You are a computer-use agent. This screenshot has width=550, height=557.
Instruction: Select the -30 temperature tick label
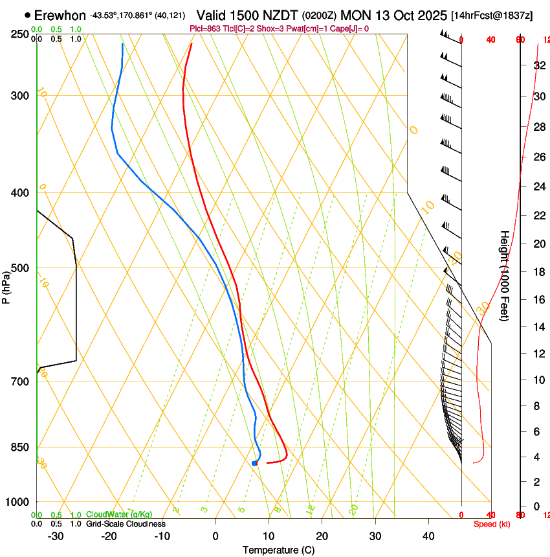point(56,536)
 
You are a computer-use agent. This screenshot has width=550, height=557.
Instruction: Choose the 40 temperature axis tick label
point(428,536)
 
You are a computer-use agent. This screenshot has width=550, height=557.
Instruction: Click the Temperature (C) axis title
point(278,550)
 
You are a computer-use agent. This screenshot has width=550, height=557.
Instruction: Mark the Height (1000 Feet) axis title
point(505,275)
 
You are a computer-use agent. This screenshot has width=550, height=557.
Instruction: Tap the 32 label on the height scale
point(539,65)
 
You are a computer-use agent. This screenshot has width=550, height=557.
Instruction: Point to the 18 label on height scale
point(539,272)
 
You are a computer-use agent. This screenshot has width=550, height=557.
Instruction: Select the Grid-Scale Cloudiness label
point(126,523)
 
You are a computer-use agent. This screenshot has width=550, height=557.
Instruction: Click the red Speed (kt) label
point(492,524)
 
